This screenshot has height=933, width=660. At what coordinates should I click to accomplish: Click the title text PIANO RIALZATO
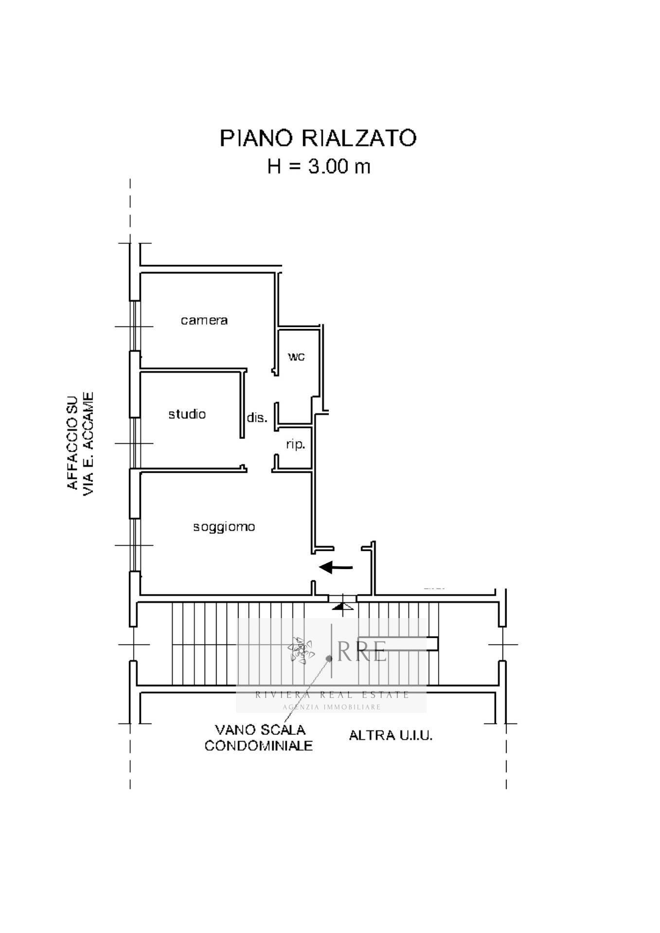click(318, 138)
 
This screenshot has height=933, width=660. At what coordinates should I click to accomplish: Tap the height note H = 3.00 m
click(319, 167)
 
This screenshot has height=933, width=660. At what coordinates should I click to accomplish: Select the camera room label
click(204, 320)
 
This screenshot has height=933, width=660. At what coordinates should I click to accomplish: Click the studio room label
click(187, 414)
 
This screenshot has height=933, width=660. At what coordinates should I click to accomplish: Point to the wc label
click(296, 356)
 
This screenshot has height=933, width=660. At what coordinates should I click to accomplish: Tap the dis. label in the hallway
click(257, 417)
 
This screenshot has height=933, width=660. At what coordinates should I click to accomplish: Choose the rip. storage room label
click(295, 444)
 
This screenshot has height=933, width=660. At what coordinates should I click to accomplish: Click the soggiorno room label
click(224, 527)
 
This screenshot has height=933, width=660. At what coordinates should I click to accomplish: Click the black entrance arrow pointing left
click(336, 567)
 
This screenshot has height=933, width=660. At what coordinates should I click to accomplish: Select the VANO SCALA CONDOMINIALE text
click(259, 737)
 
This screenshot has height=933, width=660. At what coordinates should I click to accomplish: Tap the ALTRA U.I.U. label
click(391, 735)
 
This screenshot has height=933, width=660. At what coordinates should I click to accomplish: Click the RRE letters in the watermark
click(362, 651)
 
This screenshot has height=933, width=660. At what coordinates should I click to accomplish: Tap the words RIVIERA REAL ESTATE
click(332, 695)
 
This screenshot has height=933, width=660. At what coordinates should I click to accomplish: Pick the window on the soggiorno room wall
click(135, 544)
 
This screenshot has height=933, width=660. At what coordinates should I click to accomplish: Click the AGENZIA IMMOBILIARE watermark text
click(332, 707)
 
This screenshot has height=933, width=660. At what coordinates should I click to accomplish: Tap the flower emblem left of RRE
click(301, 650)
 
